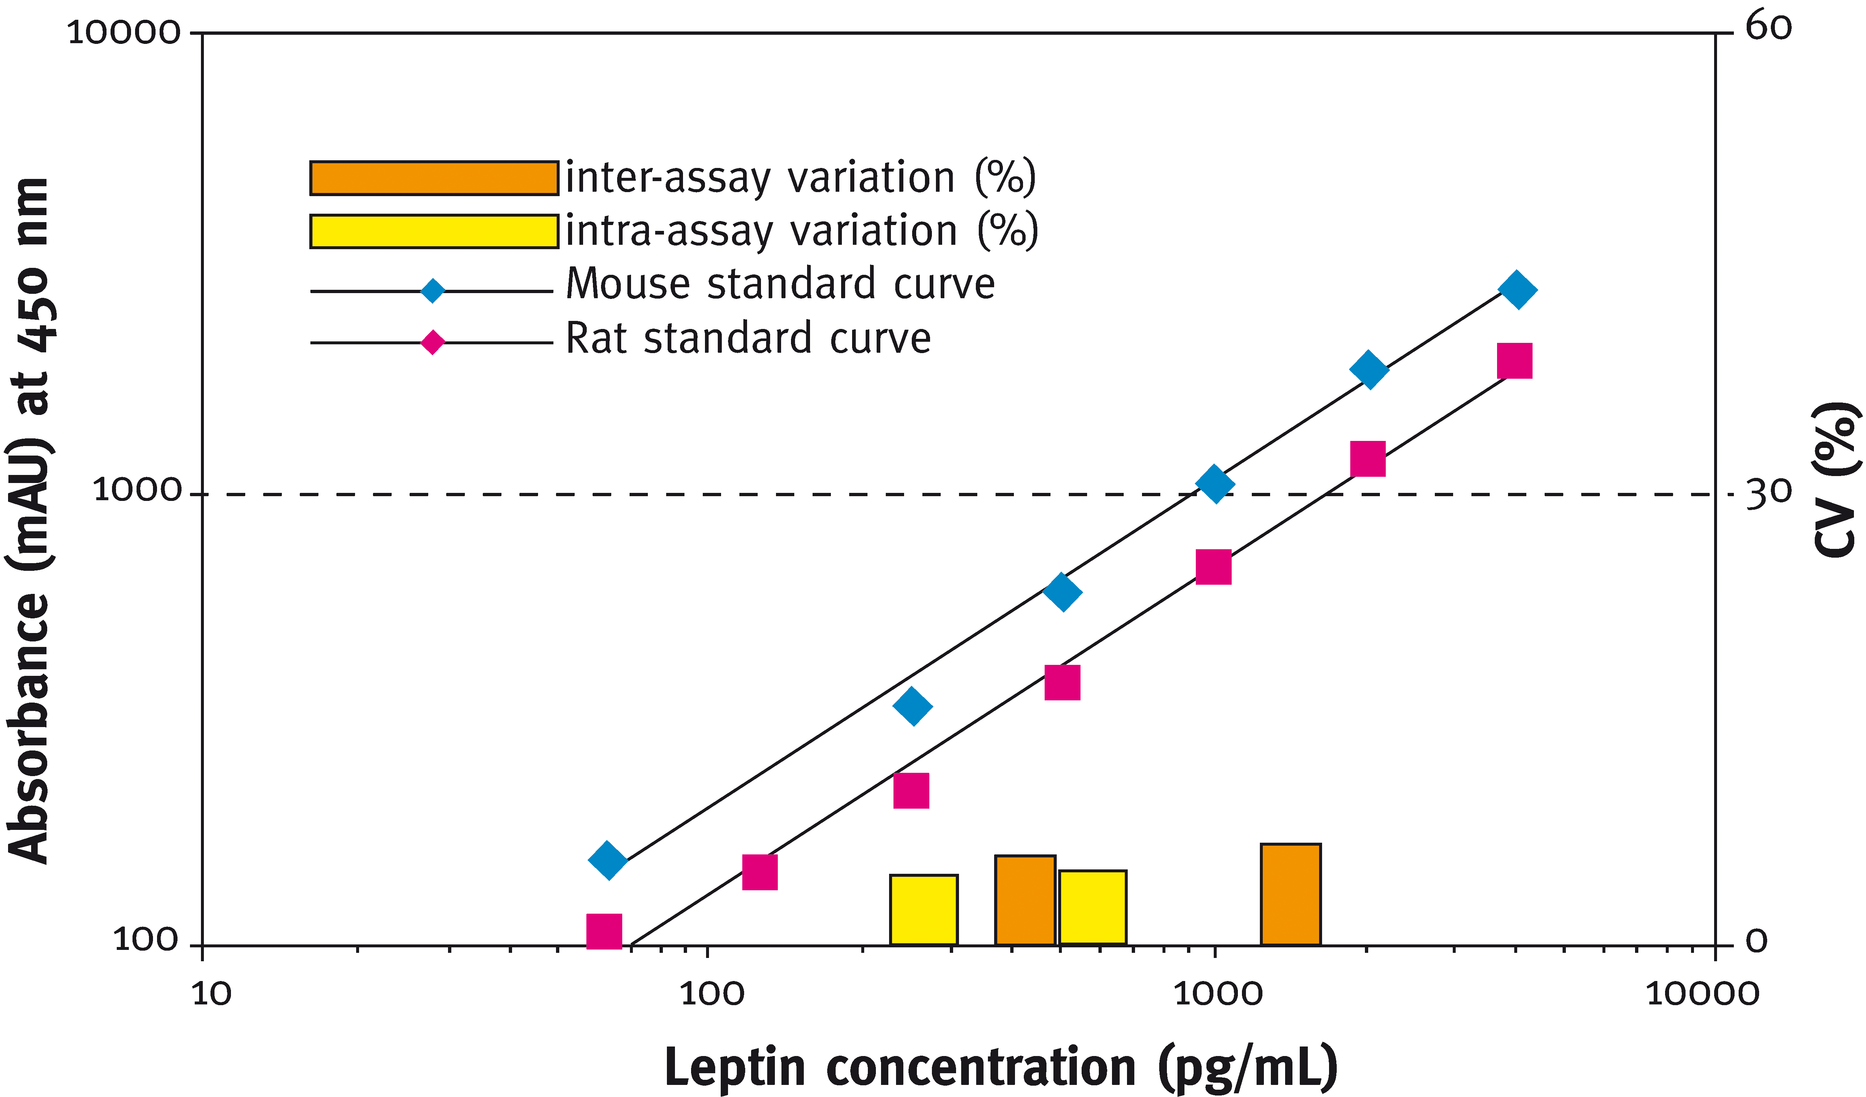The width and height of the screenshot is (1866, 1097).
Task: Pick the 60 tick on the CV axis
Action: point(1768,28)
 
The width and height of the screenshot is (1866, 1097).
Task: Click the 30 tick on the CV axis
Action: point(1768,493)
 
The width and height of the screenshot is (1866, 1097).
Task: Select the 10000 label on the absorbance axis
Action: point(124,33)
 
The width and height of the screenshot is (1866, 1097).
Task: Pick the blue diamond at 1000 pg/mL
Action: point(1214,484)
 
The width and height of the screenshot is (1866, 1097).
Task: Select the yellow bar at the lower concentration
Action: point(923,910)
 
